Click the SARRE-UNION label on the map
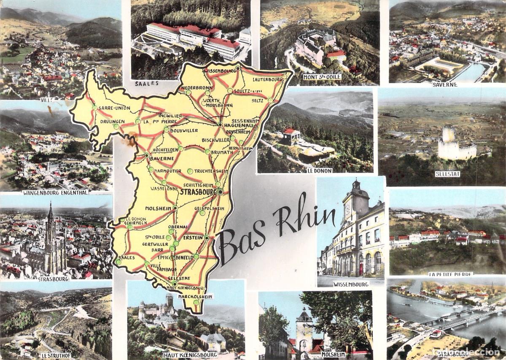click(114, 108)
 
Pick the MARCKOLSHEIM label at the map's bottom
click(195, 296)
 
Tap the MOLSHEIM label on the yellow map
click(157, 208)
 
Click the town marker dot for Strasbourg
click(220, 192)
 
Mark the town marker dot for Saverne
click(146, 155)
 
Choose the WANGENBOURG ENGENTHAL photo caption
click(55, 192)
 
